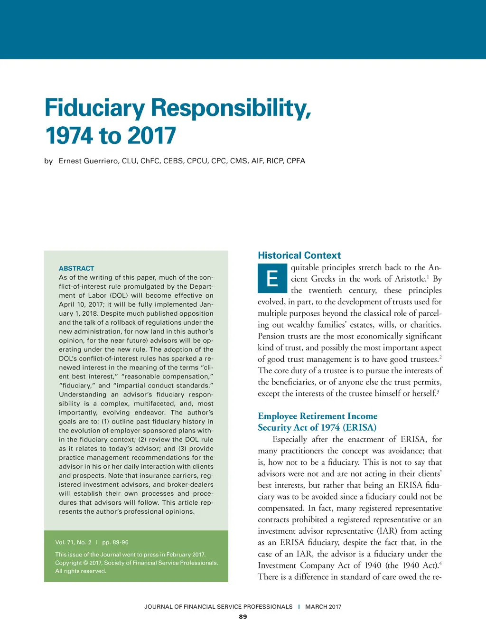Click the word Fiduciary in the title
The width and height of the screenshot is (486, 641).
tap(94, 108)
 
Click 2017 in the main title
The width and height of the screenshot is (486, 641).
tap(151, 136)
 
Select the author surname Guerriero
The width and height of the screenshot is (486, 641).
tap(100, 161)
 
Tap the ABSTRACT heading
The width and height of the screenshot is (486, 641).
tap(76, 268)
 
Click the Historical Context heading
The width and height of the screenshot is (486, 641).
tap(299, 255)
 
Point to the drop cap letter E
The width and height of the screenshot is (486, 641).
tap(272, 278)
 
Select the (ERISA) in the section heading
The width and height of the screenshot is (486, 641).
tap(359, 427)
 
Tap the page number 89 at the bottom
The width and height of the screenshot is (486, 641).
tap(243, 617)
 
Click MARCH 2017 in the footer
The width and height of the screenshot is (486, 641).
tap(323, 607)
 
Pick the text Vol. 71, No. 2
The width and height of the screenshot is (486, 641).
tap(73, 542)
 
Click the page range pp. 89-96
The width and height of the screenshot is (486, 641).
tap(115, 542)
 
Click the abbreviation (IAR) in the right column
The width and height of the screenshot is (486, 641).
tap(387, 531)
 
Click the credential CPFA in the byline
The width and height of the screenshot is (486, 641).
tap(296, 161)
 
